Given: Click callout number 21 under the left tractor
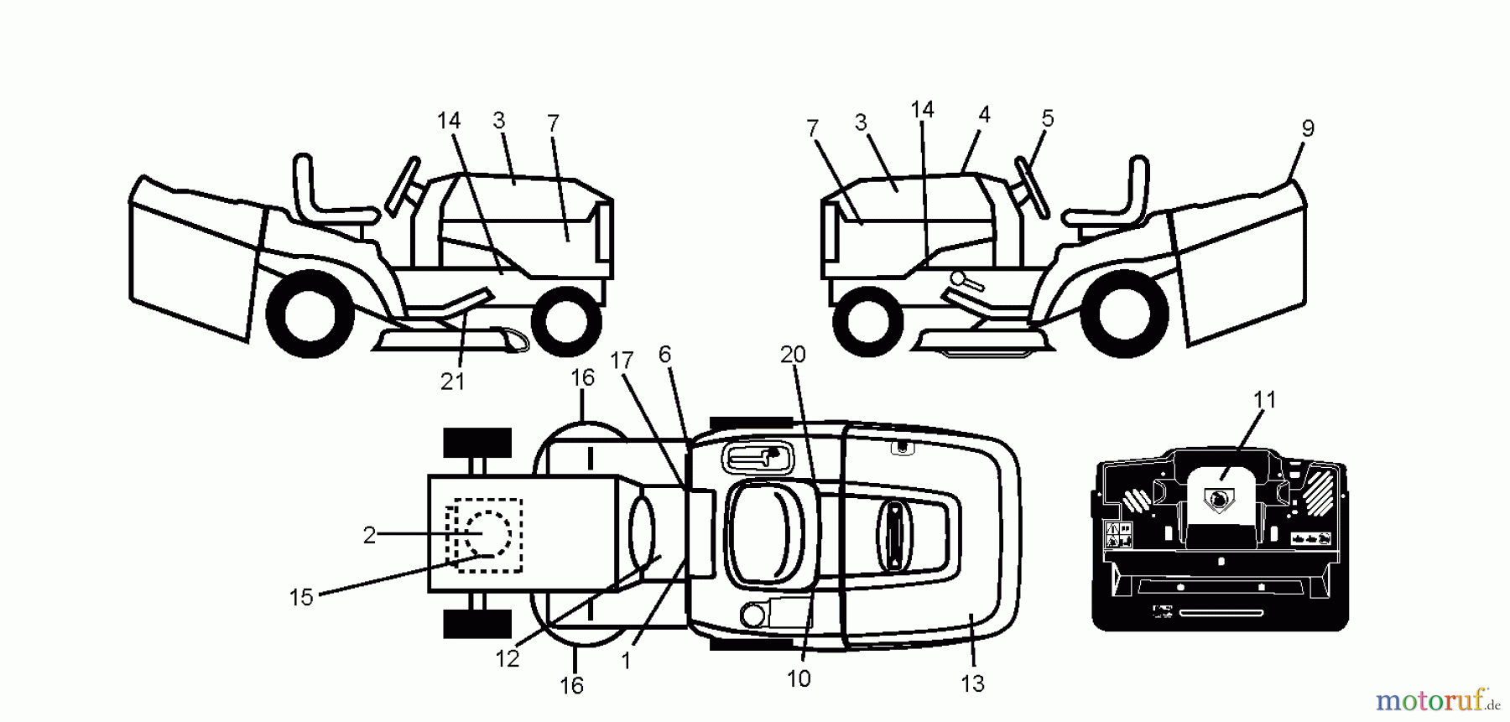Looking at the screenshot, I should [x=452, y=382].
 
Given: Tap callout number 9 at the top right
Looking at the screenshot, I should [x=1308, y=129].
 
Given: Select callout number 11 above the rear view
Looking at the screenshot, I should [x=1264, y=401].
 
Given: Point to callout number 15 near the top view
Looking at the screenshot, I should [x=301, y=597].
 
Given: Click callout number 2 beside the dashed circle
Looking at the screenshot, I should [x=369, y=535].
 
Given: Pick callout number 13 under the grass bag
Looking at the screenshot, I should [x=972, y=683].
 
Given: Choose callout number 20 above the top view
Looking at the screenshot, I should [x=793, y=356].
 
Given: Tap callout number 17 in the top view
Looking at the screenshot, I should [x=622, y=361].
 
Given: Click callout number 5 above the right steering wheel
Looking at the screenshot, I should [x=1047, y=119].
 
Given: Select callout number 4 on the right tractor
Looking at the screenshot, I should [x=984, y=115].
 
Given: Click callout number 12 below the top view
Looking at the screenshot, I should [x=508, y=659].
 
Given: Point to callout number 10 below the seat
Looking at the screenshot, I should [x=799, y=678].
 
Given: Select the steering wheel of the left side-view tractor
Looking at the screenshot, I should [x=404, y=185].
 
